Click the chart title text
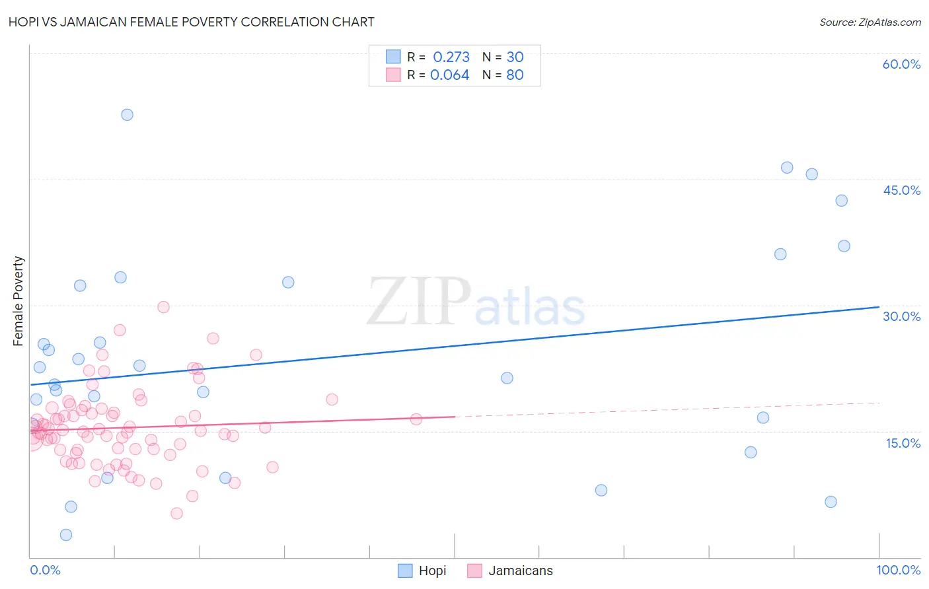pos(192,22)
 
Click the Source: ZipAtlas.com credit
pos(870,22)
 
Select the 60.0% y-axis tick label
pos(901,64)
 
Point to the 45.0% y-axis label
pos(901,190)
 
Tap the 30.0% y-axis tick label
pos(901,316)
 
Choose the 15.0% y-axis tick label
pos(903,443)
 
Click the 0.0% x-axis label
pos(45,570)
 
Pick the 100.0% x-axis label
pos(898,570)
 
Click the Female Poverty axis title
pos(18,301)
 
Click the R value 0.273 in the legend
pos(451,57)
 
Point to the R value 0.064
pos(449,75)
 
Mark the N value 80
pos(515,75)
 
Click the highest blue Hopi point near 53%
pos(127,114)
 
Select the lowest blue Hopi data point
pos(66,535)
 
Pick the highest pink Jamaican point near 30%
pos(163,307)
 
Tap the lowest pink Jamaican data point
pos(176,513)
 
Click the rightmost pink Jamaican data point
pos(416,419)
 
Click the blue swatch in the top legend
pos(393,57)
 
